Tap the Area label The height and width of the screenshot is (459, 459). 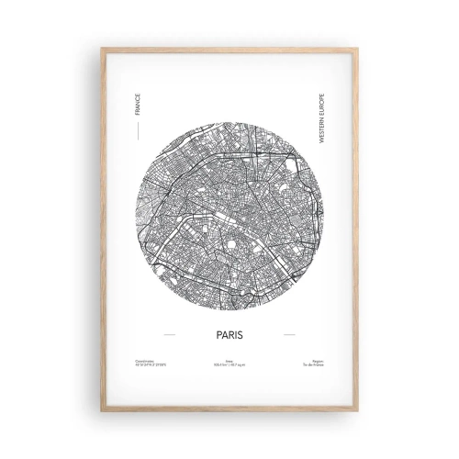229,362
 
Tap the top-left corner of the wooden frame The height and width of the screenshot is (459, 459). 102,49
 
